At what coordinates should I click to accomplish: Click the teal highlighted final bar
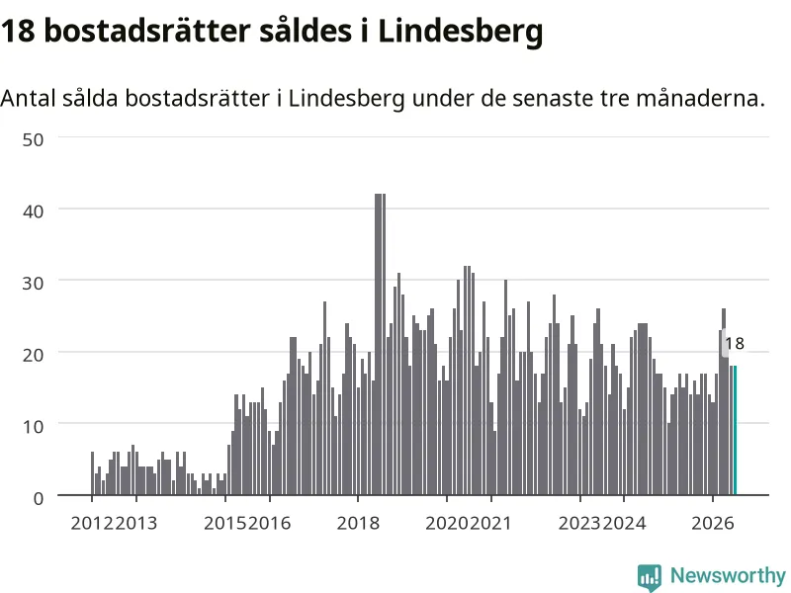coord(735,430)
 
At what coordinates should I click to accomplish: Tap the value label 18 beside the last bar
coord(735,343)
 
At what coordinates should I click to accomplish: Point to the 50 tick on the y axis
coord(33,139)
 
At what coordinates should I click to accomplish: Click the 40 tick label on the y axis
coord(33,212)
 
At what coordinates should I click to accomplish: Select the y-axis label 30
coord(33,283)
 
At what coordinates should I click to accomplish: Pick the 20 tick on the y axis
coord(33,355)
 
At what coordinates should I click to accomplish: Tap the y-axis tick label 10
coord(33,427)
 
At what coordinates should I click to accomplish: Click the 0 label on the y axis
coord(39,499)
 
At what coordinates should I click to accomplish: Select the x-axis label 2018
coord(358,523)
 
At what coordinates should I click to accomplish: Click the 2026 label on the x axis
coord(712,523)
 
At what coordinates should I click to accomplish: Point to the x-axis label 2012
coord(92,523)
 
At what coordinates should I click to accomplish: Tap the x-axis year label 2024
coord(624,523)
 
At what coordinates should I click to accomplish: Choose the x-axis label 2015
coord(225,523)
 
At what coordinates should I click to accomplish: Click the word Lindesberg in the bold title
coord(460,32)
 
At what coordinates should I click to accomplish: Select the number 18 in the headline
coord(18,31)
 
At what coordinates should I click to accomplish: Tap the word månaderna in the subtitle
coord(700,98)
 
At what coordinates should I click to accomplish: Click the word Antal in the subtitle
coord(29,98)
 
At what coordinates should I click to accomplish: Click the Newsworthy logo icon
coord(650,577)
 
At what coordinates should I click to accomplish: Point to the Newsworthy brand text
coord(728,575)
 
